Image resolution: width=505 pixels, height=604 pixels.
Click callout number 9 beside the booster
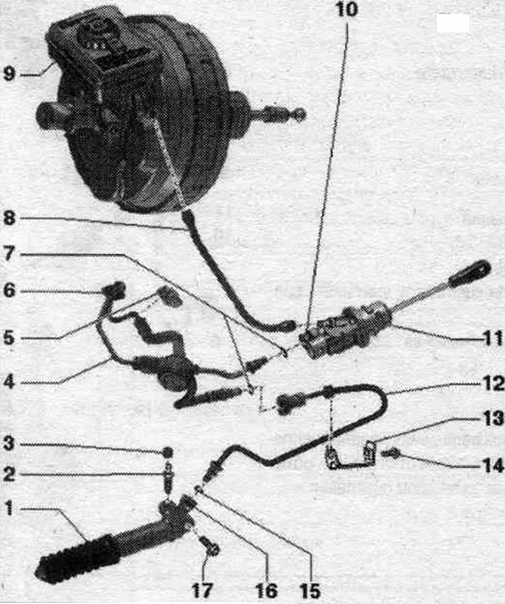click(x=10, y=73)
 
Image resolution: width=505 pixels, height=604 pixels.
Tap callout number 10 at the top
click(x=347, y=9)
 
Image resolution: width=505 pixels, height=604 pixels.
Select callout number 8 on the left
click(x=9, y=218)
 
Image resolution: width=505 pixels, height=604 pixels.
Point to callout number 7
click(x=9, y=254)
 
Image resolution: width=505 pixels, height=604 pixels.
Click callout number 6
click(x=9, y=290)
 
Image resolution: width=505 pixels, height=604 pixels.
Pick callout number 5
click(x=9, y=339)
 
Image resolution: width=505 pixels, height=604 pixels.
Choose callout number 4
click(x=9, y=381)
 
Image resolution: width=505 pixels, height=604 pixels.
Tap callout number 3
click(x=9, y=444)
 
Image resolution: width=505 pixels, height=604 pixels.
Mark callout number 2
click(x=9, y=474)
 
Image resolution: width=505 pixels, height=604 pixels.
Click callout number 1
click(x=9, y=508)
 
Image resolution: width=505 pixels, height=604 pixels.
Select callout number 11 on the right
click(x=493, y=339)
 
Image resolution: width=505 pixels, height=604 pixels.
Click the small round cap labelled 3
click(x=168, y=452)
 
